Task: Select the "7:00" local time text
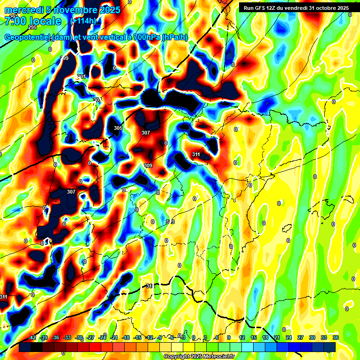tap(14, 21)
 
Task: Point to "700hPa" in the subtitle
tap(145, 37)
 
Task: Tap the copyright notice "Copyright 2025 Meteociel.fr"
tap(200, 356)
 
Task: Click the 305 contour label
tap(118, 128)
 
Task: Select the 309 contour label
tap(148, 165)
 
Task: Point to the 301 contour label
tap(81, 76)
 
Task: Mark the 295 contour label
tap(32, 28)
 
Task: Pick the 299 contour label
tap(64, 58)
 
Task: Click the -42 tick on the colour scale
tap(32, 337)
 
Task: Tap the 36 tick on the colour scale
tap(336, 337)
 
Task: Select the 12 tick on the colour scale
tap(242, 337)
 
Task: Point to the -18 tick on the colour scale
tap(126, 337)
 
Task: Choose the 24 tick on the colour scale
tap(289, 337)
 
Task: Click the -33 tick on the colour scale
tap(67, 337)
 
